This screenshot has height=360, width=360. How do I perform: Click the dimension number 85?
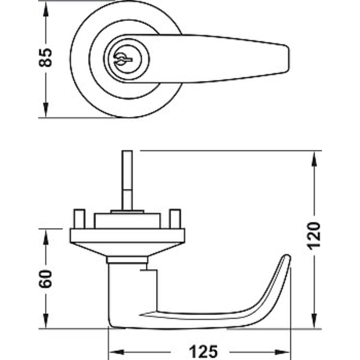click(x=45, y=58)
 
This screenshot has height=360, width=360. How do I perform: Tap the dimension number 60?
click(x=45, y=279)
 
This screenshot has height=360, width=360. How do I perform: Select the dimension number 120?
click(x=314, y=236)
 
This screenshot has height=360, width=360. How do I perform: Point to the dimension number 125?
click(x=203, y=351)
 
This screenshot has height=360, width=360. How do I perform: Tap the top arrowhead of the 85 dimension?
click(x=46, y=9)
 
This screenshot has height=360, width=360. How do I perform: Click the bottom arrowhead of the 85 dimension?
click(x=46, y=110)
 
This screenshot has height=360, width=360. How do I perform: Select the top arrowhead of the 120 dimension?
click(x=314, y=159)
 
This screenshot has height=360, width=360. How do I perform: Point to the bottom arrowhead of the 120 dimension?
click(x=314, y=321)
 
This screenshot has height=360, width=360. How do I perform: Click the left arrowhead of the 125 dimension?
click(x=117, y=352)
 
